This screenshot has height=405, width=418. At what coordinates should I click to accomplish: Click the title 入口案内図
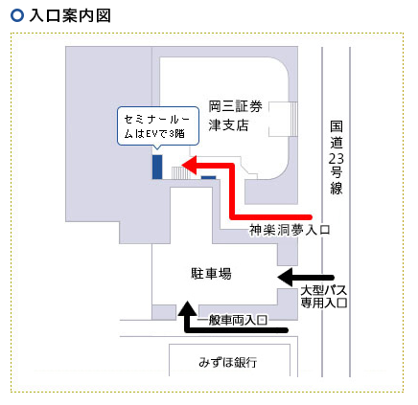pos(70,16)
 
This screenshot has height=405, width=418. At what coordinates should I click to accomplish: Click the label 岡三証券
pos(235,106)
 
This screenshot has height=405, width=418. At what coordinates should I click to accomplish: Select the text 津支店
pos(228,124)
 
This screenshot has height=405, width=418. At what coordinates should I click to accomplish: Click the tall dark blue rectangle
pos(157,167)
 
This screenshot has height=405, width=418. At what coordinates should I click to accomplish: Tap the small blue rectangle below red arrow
pos(208,177)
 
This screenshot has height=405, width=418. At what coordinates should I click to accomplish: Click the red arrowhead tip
pos(182,166)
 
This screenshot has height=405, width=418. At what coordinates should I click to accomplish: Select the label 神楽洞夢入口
pos(290,230)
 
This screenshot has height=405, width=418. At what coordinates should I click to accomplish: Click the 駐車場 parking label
pos(211,274)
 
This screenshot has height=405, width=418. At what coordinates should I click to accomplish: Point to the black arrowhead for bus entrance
pos(285,278)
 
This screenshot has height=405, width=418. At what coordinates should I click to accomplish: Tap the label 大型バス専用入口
pos(324,297)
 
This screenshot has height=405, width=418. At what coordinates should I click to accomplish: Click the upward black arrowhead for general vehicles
pos(187,308)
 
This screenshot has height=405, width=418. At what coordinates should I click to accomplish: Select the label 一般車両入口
pos(232,320)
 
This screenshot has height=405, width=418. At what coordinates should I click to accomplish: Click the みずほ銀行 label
pos(228,362)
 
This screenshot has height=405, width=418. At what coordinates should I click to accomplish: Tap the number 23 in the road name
pos(337,158)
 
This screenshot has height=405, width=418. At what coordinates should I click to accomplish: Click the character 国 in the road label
pos(337,126)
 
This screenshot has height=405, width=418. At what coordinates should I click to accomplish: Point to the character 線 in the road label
pos(337,188)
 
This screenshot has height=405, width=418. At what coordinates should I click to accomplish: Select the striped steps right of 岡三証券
pos(293,119)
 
